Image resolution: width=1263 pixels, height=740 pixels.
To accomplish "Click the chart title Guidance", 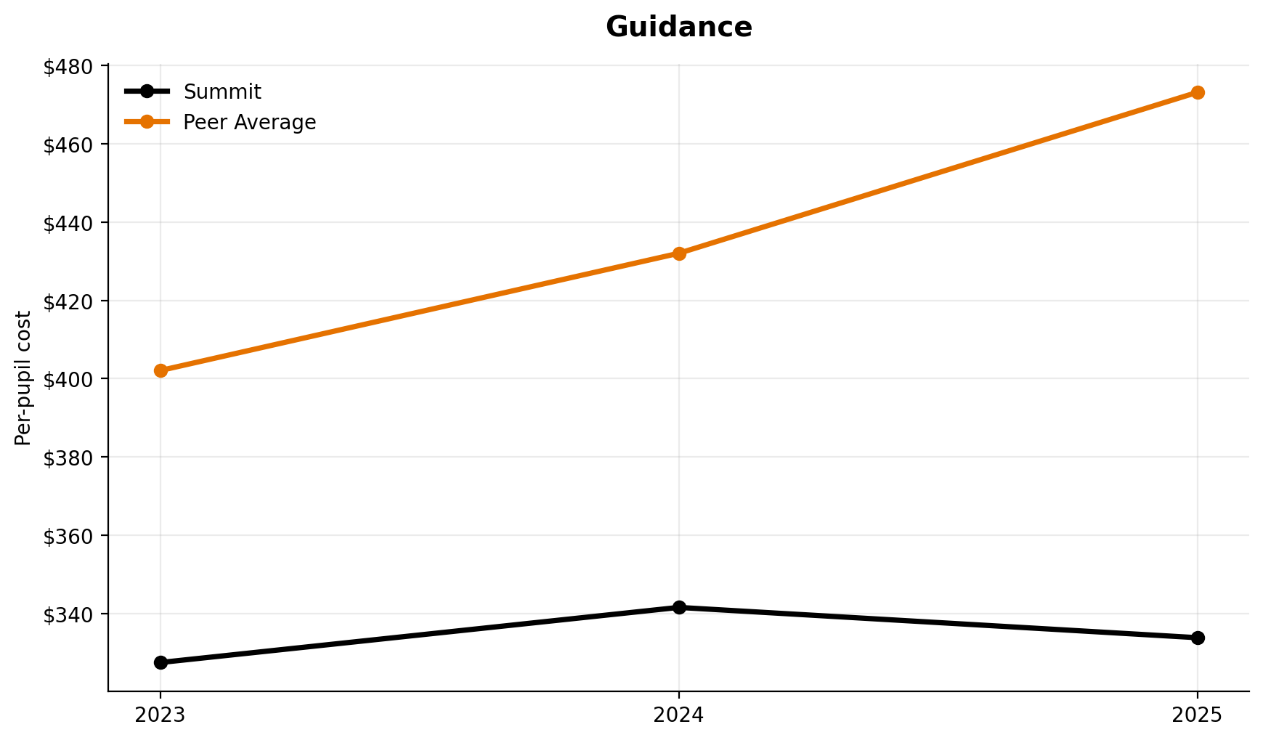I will point(678,28).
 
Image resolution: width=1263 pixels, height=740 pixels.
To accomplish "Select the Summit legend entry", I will point(222,92).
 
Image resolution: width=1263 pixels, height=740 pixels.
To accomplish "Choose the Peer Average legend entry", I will point(249,123).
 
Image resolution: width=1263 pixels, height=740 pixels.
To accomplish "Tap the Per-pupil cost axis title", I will point(23,378).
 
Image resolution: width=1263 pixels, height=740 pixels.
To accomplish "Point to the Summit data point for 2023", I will point(161,662).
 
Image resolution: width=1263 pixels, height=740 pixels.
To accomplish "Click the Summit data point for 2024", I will point(679,607).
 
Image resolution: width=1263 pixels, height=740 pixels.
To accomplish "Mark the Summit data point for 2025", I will point(1198,638).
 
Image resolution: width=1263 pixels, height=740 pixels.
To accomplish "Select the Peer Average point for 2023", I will point(161,370).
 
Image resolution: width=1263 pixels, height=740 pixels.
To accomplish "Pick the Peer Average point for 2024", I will point(679,253).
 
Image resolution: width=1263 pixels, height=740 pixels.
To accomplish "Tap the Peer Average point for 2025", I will point(1198,92).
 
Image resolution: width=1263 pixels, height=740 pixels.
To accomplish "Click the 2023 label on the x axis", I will point(161,715).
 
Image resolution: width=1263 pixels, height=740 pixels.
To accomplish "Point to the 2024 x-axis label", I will point(679,715).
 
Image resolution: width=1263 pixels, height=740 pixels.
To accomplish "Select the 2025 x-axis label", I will point(1198,715).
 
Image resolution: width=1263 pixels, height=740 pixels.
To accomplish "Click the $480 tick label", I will point(68,67).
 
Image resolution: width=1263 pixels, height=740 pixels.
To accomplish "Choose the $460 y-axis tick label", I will point(68,145).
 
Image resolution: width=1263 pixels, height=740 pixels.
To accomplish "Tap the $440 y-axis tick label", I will point(68,223).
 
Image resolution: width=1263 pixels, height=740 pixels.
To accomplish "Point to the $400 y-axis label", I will point(68,379).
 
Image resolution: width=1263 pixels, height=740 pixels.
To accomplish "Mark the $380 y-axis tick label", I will point(68,458).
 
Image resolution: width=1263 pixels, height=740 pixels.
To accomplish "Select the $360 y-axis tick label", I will point(68,536).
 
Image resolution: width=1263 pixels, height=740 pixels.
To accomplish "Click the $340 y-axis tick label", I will point(68,614).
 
